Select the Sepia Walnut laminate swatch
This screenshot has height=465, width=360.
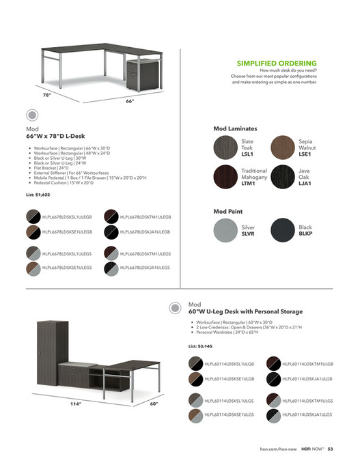(283, 147)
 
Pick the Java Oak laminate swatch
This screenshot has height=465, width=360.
(283, 176)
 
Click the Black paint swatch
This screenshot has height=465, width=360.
(283, 229)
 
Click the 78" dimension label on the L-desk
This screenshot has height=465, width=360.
(46, 95)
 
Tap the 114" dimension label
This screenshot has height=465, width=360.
(76, 404)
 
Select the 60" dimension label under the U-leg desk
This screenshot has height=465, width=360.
(154, 404)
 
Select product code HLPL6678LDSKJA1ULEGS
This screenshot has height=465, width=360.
(145, 268)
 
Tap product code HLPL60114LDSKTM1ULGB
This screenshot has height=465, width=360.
(307, 363)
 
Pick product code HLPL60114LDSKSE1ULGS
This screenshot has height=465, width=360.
(230, 414)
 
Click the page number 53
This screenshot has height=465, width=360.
(330, 449)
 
